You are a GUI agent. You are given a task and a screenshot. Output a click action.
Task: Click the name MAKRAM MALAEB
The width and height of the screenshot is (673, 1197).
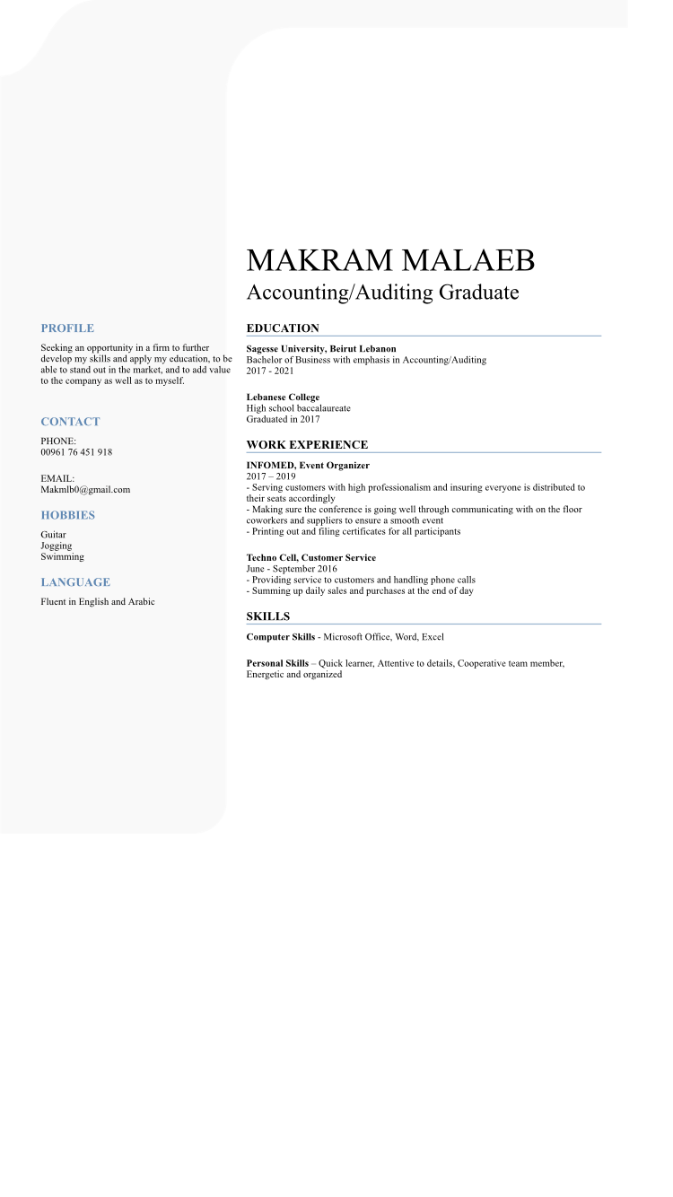click(x=390, y=260)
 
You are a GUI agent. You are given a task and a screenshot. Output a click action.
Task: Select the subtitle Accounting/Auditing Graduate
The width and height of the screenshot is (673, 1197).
click(x=382, y=293)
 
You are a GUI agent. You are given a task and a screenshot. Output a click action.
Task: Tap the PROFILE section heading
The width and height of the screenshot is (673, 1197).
click(x=67, y=328)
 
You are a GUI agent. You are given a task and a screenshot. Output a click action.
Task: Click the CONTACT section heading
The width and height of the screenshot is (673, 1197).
click(x=70, y=422)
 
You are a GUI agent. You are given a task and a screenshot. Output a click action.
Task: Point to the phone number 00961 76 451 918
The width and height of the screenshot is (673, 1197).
click(x=76, y=452)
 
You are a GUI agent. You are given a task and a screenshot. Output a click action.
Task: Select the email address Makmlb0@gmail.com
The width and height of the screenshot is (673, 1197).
click(x=85, y=490)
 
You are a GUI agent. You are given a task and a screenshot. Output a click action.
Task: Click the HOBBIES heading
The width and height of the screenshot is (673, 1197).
click(x=67, y=515)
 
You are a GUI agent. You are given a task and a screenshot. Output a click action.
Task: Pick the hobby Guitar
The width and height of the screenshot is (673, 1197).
click(x=53, y=535)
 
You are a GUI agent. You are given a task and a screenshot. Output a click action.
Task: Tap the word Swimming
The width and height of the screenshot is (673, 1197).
click(x=62, y=556)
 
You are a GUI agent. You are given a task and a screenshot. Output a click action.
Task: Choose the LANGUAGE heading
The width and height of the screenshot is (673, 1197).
click(x=75, y=582)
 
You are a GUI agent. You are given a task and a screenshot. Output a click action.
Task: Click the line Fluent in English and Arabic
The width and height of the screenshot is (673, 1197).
click(x=97, y=602)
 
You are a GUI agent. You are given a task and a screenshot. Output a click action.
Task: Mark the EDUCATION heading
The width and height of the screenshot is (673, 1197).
click(x=283, y=328)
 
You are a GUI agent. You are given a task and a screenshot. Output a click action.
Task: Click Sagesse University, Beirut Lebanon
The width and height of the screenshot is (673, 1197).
click(x=321, y=349)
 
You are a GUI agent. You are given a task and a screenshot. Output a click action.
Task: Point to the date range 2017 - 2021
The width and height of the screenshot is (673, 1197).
click(x=270, y=371)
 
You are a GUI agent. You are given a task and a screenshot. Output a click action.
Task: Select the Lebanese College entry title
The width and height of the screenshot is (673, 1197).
click(x=283, y=398)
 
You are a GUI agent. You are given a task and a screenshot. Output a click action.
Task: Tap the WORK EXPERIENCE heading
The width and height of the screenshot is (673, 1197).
click(x=307, y=445)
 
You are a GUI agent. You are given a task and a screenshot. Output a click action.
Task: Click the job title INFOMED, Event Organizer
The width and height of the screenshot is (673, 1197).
click(x=308, y=466)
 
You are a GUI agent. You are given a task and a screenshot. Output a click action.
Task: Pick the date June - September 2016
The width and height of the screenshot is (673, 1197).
click(x=292, y=569)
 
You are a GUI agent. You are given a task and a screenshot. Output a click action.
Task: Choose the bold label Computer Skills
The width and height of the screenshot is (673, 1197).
click(x=281, y=637)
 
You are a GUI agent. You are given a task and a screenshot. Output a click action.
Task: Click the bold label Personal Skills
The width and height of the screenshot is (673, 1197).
click(x=277, y=664)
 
